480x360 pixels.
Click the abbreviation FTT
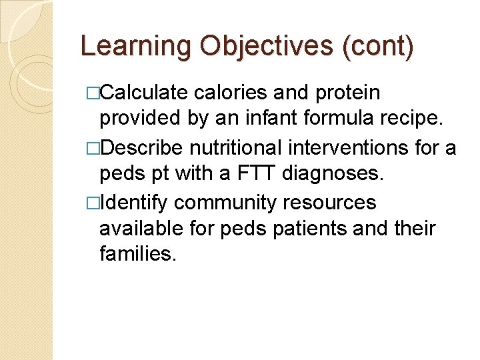[253, 174]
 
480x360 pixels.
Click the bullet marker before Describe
[92, 147]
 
